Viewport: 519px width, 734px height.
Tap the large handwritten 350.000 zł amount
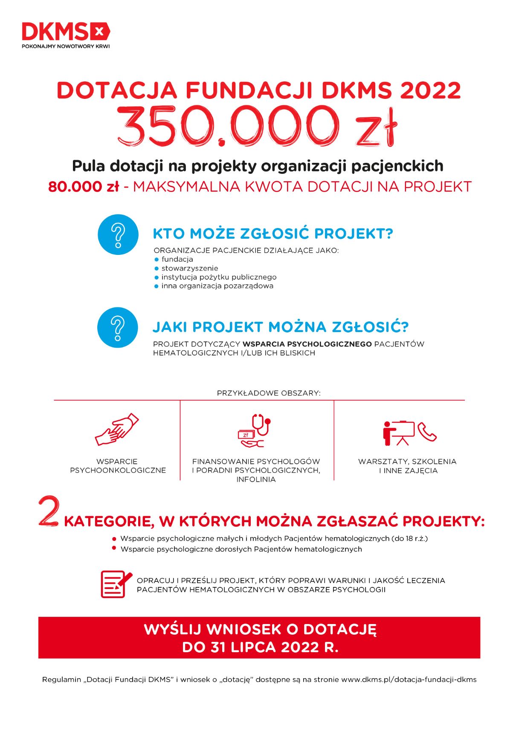coord(258,127)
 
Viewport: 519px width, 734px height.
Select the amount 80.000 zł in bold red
coord(83,187)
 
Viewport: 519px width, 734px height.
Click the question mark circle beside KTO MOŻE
coord(118,234)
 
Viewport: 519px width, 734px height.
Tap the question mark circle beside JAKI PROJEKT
coord(118,327)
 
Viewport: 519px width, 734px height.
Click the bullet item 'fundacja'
coord(177,259)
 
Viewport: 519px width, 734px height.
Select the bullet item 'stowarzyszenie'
coord(189,268)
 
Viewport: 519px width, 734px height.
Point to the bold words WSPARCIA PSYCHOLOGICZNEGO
coord(307,344)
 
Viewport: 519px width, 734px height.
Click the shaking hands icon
coord(117,429)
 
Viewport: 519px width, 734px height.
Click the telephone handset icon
coord(427,432)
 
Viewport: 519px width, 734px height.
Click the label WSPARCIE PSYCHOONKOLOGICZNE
coord(118,466)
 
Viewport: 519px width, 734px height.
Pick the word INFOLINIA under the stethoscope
coord(256,480)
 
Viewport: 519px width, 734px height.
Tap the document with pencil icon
coord(116,584)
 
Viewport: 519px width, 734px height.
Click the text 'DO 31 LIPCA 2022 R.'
coord(260,647)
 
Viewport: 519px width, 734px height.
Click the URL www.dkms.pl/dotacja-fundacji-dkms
coord(409,679)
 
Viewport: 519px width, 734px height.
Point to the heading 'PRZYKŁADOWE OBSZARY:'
coord(269,393)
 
